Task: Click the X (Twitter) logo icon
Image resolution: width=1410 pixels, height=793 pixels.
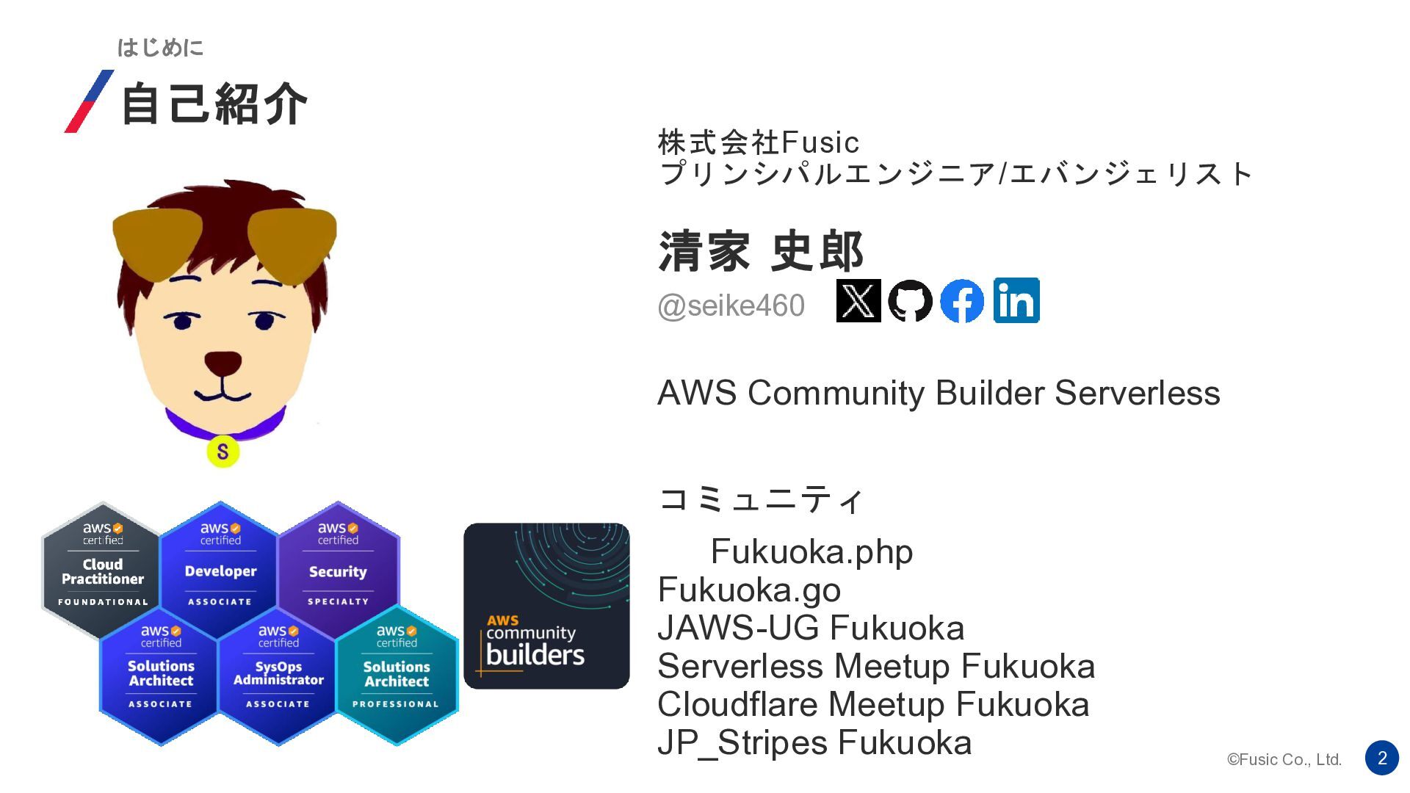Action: (x=858, y=301)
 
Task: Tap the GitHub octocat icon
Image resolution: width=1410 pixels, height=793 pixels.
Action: (x=910, y=301)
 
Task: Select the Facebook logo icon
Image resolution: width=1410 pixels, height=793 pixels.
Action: (x=962, y=301)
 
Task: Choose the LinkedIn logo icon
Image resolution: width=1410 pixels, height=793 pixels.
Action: (x=1016, y=300)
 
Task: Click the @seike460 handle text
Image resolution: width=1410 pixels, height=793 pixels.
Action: (x=731, y=305)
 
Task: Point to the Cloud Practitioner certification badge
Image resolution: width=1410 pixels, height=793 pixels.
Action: (x=102, y=569)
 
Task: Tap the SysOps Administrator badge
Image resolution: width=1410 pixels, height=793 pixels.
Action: (x=278, y=672)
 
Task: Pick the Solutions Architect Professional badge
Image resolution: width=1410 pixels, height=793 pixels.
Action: (x=397, y=673)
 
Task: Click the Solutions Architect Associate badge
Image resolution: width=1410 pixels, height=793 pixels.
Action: (x=160, y=672)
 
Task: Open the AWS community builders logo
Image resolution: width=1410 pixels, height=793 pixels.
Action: (x=546, y=606)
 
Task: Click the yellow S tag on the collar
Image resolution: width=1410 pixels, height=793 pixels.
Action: (x=223, y=452)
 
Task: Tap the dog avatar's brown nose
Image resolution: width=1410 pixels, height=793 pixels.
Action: (x=223, y=362)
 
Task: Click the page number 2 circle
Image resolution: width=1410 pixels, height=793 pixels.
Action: (x=1381, y=758)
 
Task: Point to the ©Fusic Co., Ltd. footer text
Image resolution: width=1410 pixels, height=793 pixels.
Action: (x=1284, y=760)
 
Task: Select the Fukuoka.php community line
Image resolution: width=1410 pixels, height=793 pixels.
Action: (x=811, y=551)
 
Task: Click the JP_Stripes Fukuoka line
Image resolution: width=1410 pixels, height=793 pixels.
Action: (x=814, y=742)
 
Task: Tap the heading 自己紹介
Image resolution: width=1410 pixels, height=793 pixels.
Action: (x=213, y=104)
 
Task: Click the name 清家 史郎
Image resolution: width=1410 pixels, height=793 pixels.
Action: (x=760, y=251)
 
